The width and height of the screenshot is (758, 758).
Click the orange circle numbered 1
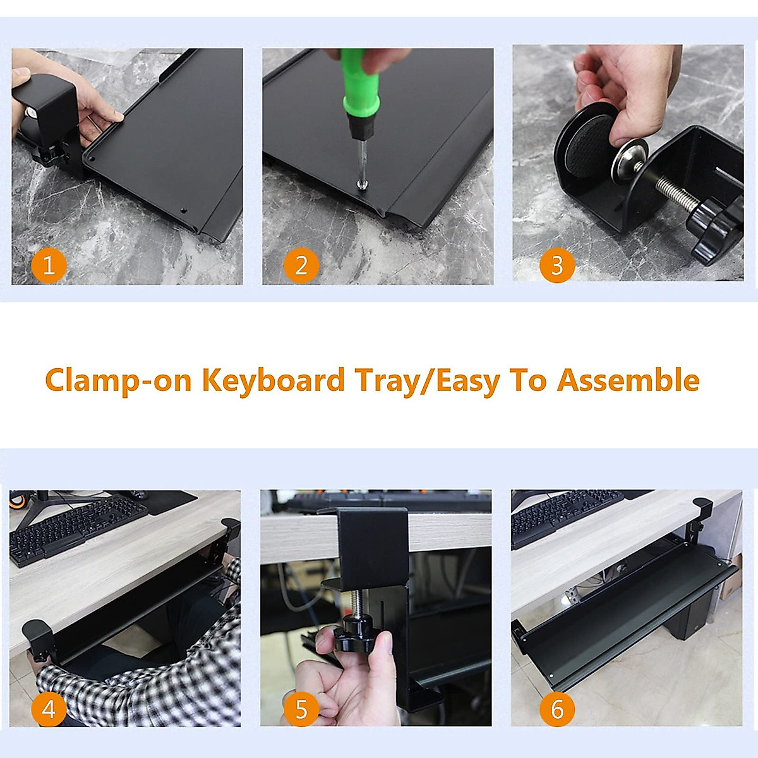pos(49,265)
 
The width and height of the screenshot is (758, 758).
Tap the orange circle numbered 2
pos(301,265)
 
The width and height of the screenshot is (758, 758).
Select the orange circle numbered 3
pos(557,265)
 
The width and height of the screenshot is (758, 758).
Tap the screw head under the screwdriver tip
pos(362,184)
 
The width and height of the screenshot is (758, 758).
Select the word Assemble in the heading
pos(628,380)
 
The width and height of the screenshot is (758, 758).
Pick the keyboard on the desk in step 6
pos(567,515)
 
